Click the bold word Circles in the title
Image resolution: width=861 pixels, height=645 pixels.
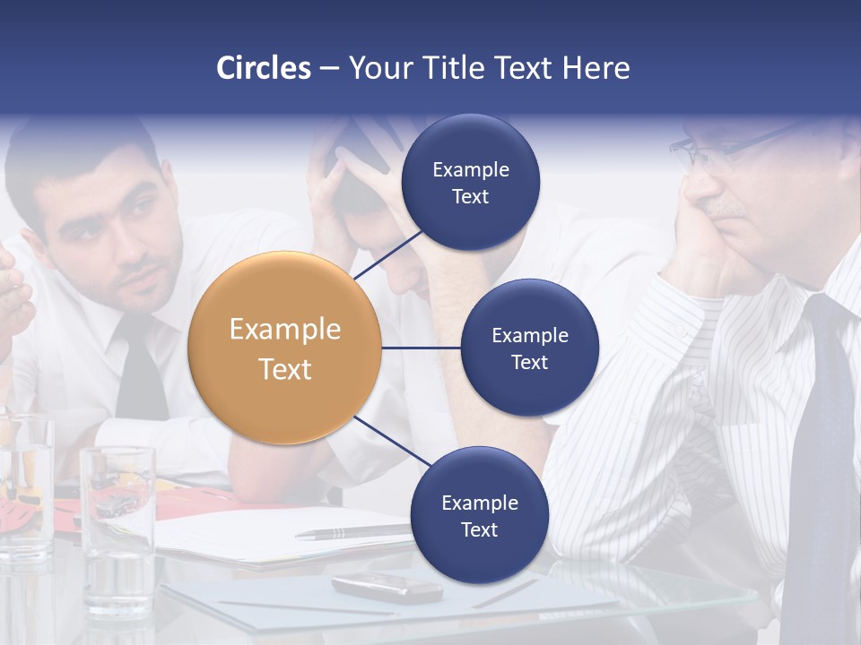coord(263,68)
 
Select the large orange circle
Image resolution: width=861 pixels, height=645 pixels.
coord(284,348)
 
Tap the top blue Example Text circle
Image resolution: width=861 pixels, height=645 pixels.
coord(470,182)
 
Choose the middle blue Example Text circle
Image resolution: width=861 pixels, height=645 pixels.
coord(529,348)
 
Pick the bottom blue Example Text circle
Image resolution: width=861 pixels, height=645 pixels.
coord(479,515)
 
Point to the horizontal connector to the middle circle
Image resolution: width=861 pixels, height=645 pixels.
coord(421,348)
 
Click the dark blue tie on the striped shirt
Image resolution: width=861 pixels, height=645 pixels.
coord(821,448)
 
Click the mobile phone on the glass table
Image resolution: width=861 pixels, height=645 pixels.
coord(387,587)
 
